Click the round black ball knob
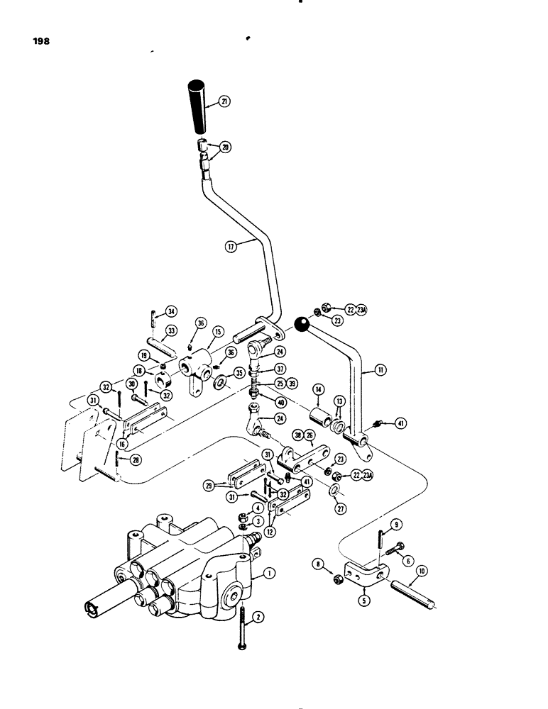301,325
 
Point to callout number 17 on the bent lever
231,247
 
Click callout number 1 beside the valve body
269,573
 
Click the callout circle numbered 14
317,390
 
